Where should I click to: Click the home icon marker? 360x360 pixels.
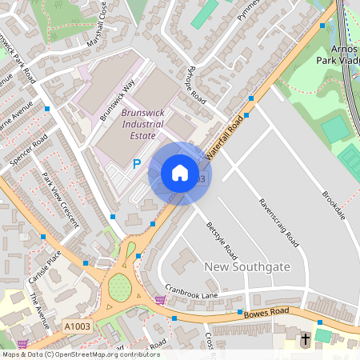(x=180, y=173)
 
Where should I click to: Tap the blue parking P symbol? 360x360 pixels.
(x=136, y=164)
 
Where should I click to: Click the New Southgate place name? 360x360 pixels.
(x=246, y=266)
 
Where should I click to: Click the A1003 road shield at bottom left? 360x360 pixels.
(x=78, y=326)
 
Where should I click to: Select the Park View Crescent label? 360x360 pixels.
(x=60, y=199)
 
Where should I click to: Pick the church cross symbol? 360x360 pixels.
(x=305, y=340)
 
